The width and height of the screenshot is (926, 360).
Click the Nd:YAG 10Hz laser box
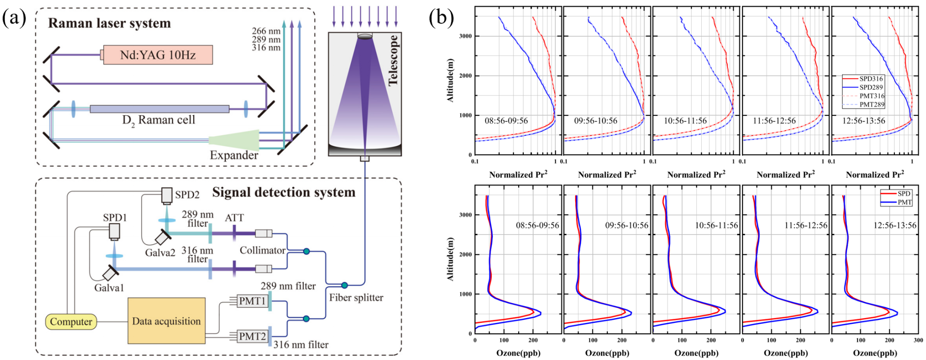pyautogui.click(x=157, y=55)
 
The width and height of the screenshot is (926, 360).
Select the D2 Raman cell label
pyautogui.click(x=159, y=120)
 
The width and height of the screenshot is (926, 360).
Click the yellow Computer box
pyautogui.click(x=71, y=322)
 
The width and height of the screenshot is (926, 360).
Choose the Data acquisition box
pyautogui.click(x=166, y=322)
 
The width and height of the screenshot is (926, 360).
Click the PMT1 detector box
pyautogui.click(x=252, y=301)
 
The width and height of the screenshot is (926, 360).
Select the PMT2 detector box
pyautogui.click(x=252, y=336)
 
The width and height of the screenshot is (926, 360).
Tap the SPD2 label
pyautogui.click(x=187, y=195)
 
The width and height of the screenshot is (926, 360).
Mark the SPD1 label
pyautogui.click(x=115, y=218)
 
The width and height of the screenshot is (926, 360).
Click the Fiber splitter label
pyautogui.click(x=356, y=298)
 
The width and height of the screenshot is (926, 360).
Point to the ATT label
pyautogui.click(x=234, y=218)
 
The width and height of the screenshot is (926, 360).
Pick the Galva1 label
pyautogui.click(x=109, y=288)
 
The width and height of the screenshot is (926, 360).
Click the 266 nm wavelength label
pyautogui.click(x=266, y=31)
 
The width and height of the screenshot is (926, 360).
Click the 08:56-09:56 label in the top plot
pyautogui.click(x=506, y=121)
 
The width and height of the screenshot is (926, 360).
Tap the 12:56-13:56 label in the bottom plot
pyautogui.click(x=895, y=225)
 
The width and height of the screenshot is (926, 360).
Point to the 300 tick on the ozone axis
pyautogui.click(x=918, y=340)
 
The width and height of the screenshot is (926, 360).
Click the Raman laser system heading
pyautogui.click(x=109, y=24)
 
